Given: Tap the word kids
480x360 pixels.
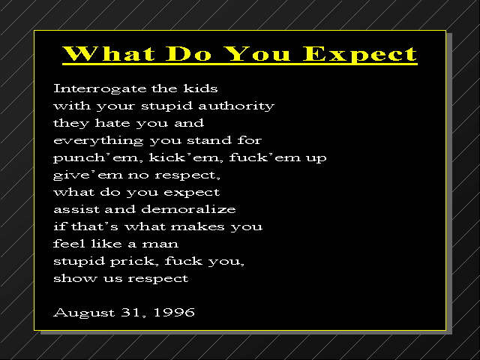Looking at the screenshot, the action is (200, 88).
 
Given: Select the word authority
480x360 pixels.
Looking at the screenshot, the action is (236, 106).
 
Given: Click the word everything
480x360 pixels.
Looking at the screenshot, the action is (98, 141).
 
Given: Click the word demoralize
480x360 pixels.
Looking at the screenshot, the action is (188, 209).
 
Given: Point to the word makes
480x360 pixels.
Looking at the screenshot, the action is (198, 226).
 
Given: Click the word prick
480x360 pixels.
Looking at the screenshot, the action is (135, 262).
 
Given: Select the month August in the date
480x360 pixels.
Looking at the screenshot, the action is (83, 313).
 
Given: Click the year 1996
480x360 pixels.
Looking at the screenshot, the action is (174, 312).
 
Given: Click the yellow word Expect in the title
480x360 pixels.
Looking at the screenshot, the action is (360, 54).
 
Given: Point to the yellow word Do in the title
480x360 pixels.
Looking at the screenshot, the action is (188, 53).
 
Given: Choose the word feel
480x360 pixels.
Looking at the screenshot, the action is (69, 244).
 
